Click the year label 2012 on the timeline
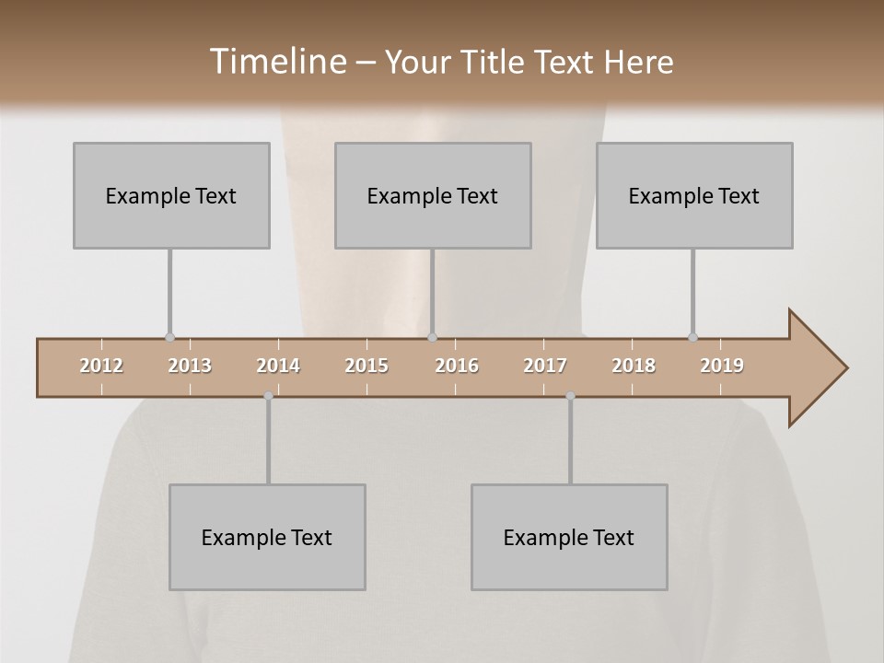tap(101, 366)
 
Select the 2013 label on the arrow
tap(190, 366)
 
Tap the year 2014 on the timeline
tap(278, 366)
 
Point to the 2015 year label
tap(366, 366)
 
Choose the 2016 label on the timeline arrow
tap(457, 366)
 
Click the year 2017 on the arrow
tap(545, 366)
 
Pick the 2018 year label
tap(634, 366)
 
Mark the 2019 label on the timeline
tap(722, 366)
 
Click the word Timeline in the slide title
tap(275, 62)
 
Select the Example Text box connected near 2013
tap(171, 195)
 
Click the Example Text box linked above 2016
tap(433, 195)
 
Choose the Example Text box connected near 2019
tap(694, 195)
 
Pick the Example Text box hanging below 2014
tap(267, 537)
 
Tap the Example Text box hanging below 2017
tap(569, 537)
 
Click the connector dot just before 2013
tap(169, 338)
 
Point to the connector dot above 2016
tap(433, 338)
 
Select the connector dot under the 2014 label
tap(268, 396)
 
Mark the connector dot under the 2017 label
tap(570, 396)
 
